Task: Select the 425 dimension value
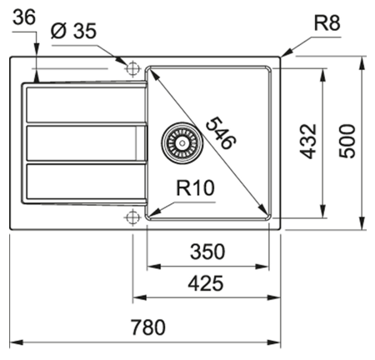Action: click(x=205, y=283)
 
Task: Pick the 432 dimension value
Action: click(x=307, y=141)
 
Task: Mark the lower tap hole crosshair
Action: click(x=132, y=217)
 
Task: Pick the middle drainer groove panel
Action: click(x=79, y=142)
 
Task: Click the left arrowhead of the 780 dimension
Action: click(x=13, y=342)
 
